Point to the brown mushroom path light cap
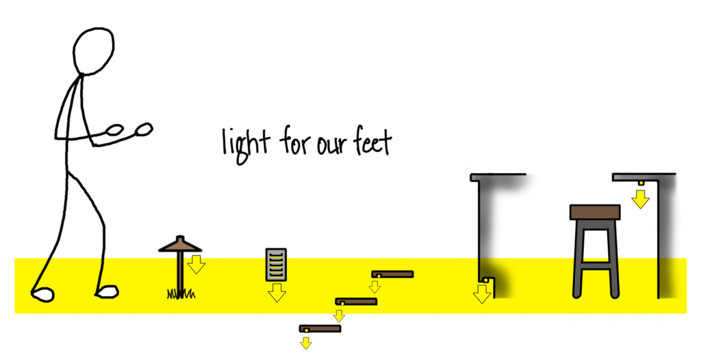coord(180,245)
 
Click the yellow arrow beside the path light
coord(196,263)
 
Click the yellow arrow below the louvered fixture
coord(277,293)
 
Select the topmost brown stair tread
coord(393,274)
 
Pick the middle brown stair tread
coord(356,301)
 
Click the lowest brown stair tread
coord(320,329)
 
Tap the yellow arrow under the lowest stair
coord(306,342)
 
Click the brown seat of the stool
coord(595,212)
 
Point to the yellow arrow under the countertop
coord(641,198)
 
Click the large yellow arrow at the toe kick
coord(482,293)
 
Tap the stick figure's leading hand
coord(144,128)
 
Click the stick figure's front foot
coord(107,292)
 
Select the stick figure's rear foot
coord(42,294)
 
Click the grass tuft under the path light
coord(181,294)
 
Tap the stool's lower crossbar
coord(595,261)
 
